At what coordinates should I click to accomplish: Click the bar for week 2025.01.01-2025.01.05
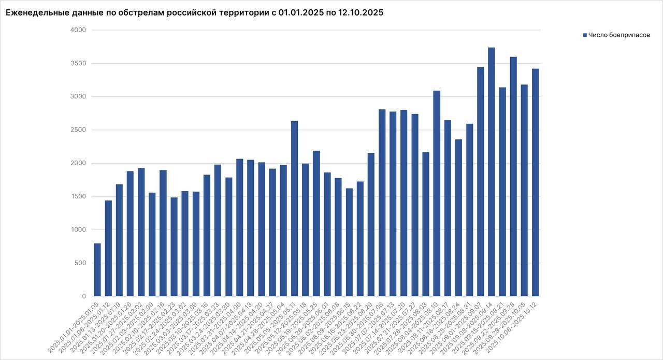click(x=97, y=270)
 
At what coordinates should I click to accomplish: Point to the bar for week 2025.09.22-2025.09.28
click(x=513, y=176)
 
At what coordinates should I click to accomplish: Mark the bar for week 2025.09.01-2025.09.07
click(x=480, y=181)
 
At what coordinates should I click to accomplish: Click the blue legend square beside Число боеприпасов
click(x=585, y=35)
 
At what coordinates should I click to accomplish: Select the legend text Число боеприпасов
click(x=619, y=35)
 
